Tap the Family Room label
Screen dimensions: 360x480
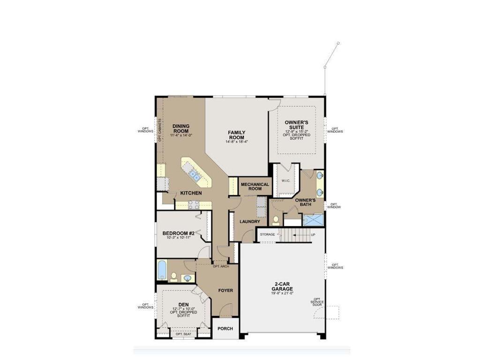(x=237, y=135)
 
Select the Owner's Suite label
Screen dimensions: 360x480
(x=296, y=125)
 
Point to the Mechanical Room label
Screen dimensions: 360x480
(x=255, y=186)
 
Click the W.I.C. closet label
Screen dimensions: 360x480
(x=286, y=181)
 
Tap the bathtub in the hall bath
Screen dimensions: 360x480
(x=162, y=270)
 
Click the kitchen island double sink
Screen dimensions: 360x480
(x=194, y=175)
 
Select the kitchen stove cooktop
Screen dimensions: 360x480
(x=193, y=204)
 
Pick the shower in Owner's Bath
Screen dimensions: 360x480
(x=313, y=220)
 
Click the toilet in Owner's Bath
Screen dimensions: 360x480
(x=276, y=220)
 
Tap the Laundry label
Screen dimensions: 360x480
(x=247, y=221)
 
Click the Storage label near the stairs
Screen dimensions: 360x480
(x=268, y=234)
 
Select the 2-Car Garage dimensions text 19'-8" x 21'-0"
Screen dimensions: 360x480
(x=282, y=293)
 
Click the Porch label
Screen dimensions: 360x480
(x=225, y=329)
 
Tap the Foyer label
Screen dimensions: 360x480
(x=225, y=290)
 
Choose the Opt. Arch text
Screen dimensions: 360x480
(x=220, y=266)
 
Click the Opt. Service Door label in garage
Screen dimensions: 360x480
(x=317, y=302)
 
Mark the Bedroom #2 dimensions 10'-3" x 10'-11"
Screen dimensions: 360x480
(x=178, y=238)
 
